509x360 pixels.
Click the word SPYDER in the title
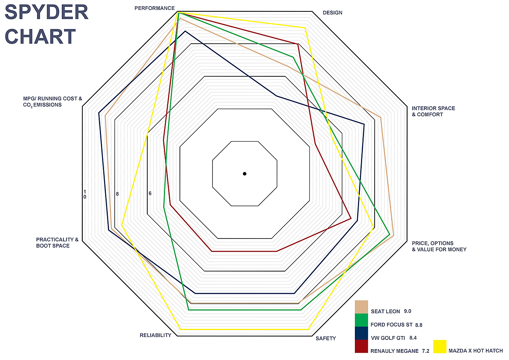click(47, 12)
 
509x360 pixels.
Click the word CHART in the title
click(40, 36)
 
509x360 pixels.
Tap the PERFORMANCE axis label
click(154, 8)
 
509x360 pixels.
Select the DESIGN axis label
click(333, 13)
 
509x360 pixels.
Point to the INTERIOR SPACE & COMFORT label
click(433, 111)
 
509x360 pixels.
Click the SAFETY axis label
click(326, 338)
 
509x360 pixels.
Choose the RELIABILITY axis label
click(155, 335)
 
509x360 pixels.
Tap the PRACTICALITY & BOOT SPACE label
click(57, 243)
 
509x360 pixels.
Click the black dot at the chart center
click(244, 174)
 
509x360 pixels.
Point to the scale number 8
click(117, 194)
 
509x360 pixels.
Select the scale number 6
click(150, 193)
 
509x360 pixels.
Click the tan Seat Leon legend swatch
click(361, 307)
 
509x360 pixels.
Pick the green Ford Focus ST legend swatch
click(361, 320)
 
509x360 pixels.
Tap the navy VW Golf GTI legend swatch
click(361, 333)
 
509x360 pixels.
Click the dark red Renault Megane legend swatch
click(361, 346)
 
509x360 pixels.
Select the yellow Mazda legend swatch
click(440, 347)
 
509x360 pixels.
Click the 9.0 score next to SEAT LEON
click(407, 311)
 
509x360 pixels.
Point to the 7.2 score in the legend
click(425, 351)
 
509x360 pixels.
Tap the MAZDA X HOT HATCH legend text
click(476, 351)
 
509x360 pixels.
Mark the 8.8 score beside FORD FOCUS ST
click(419, 325)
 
